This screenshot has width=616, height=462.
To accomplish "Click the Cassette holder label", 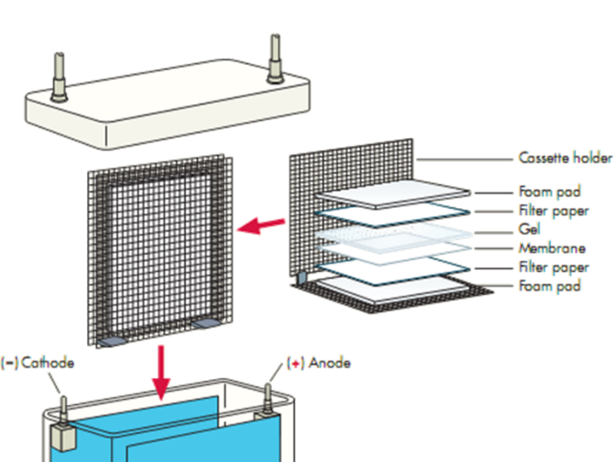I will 565,159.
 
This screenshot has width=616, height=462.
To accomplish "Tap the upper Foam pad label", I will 550,192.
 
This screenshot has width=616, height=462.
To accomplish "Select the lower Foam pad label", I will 550,286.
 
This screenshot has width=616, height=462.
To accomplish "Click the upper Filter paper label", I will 554,210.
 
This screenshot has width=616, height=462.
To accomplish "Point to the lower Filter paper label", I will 554,267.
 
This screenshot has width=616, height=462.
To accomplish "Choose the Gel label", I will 530,229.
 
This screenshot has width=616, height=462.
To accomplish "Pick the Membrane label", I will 551,248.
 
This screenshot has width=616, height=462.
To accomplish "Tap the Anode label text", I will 330,362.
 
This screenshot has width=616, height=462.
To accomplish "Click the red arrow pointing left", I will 259,226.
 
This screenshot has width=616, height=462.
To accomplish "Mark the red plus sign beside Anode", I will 296,363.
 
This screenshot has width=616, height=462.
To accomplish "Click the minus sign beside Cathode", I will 10,362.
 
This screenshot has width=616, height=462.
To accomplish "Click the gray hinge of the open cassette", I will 303,275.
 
